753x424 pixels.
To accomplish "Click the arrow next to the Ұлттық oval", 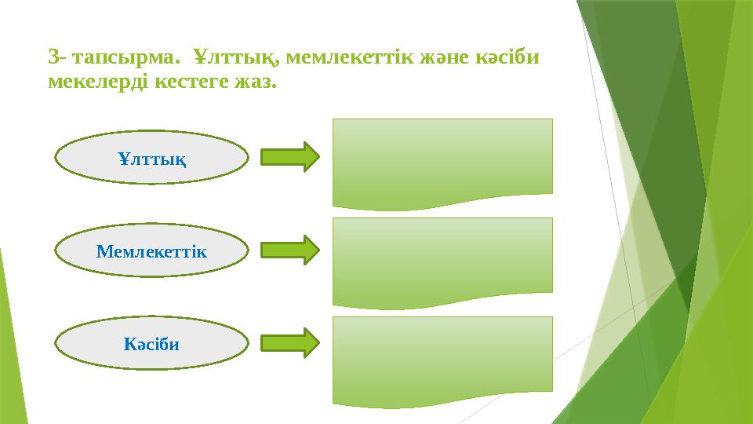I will [x=289, y=157].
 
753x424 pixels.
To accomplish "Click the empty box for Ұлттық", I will [x=443, y=161].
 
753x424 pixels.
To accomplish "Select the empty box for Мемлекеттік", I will [x=443, y=259].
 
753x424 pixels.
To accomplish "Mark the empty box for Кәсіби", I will [x=443, y=358].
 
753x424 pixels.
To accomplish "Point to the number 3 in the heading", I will [x=53, y=57].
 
